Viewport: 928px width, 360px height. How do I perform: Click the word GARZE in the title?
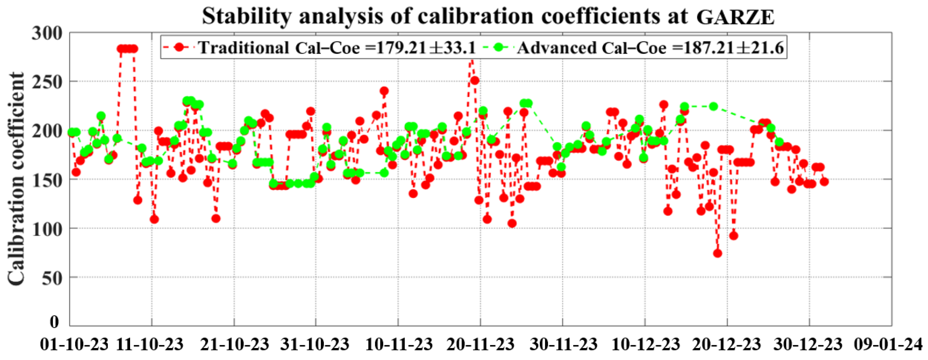735,17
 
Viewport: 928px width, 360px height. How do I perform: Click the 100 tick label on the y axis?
47,229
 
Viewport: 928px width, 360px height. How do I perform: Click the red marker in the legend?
179,47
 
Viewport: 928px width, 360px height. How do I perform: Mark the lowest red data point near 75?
717,253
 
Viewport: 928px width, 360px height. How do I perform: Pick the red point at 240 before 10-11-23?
384,91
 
